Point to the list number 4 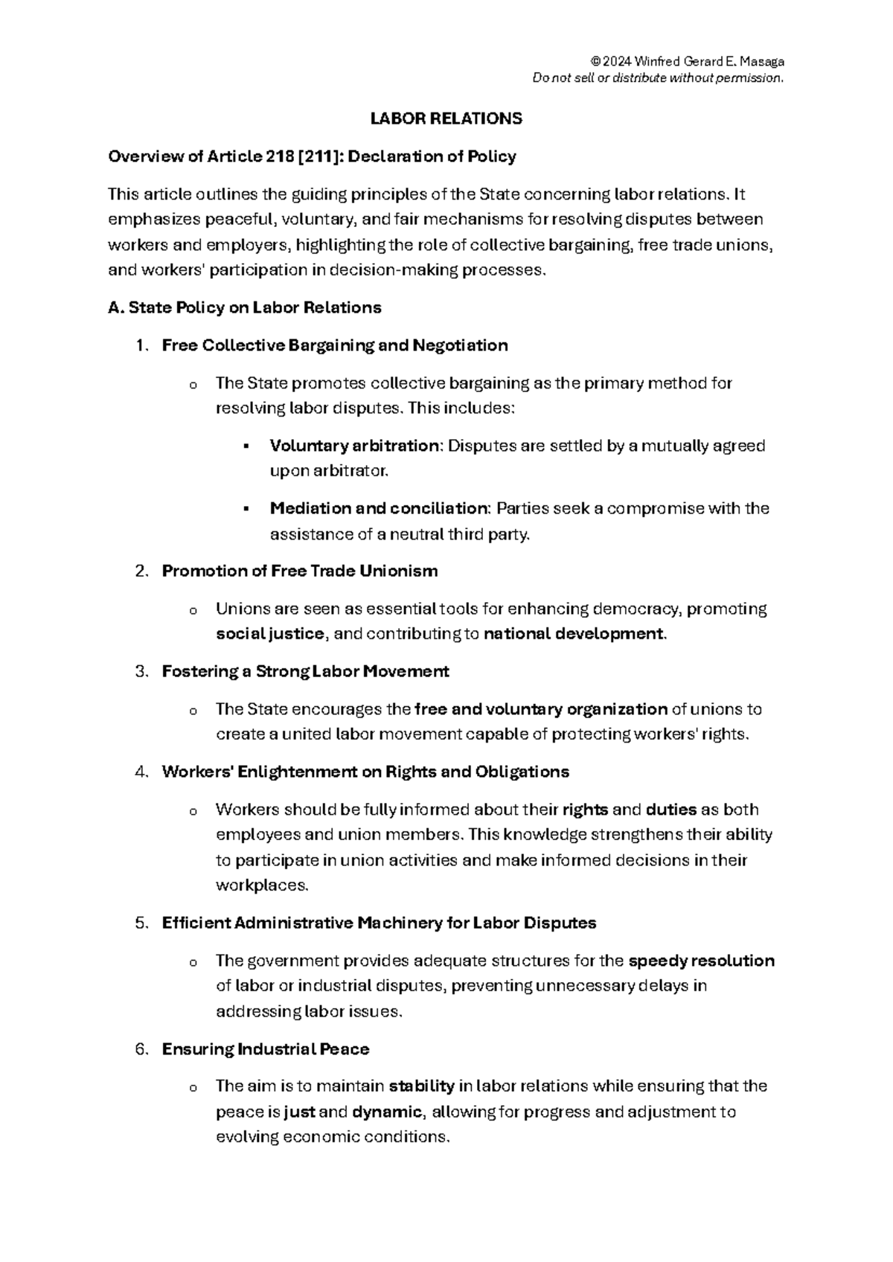[141, 772]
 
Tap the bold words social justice [270, 635]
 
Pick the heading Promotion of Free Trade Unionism [300, 571]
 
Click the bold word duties [671, 810]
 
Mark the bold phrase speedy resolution [701, 961]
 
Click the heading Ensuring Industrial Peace [266, 1050]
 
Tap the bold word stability [422, 1086]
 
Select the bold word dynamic [387, 1112]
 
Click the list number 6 [141, 1050]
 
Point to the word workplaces [260, 886]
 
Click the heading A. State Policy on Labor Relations [245, 308]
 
